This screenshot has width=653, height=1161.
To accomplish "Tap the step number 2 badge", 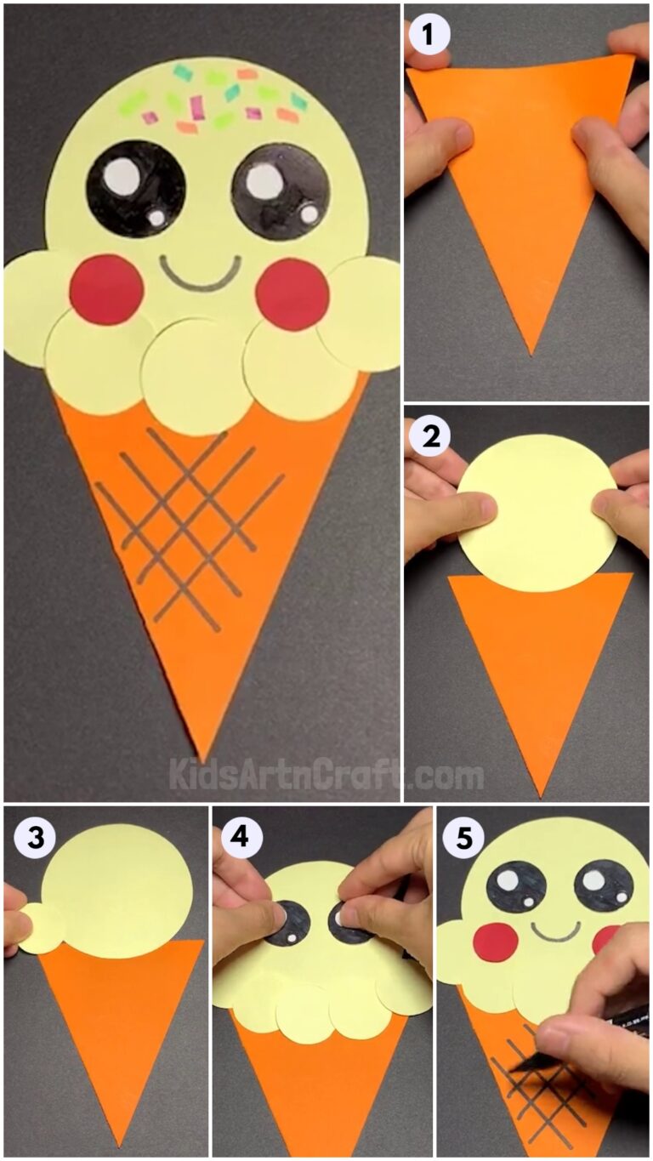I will coord(429,436).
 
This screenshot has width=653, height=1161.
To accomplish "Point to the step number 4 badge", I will coord(241,838).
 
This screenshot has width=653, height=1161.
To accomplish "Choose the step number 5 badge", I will coord(464,838).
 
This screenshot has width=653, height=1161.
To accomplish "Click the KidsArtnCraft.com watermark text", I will coord(326,775).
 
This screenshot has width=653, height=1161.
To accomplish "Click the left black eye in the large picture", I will coord(136,188).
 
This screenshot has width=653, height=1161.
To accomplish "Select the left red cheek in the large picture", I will coord(106,289).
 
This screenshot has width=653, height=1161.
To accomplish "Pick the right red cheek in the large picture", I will coord(292,293).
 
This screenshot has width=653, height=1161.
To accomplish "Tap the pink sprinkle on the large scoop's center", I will coord(196,106).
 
